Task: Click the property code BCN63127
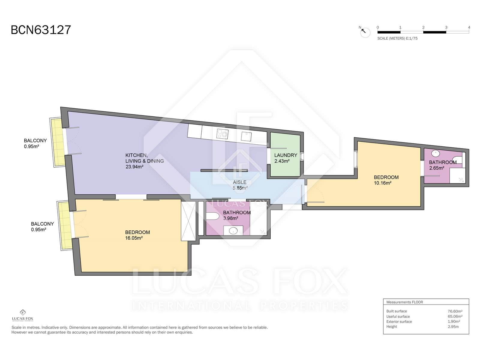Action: coord(41,30)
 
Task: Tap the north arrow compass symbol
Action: coord(365,32)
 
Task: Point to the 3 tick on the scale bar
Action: coord(446,28)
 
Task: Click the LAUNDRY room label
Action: coord(286,155)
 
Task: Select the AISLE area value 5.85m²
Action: coord(240,188)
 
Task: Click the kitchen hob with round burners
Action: coord(222,134)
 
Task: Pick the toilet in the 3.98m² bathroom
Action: coord(213,216)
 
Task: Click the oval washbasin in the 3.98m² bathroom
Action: coord(233,231)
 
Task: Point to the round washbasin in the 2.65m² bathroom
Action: coord(436,153)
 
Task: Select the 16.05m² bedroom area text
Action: coord(134,238)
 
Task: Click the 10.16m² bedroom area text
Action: coord(382,183)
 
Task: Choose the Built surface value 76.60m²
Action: coord(455,311)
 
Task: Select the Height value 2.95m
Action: coord(453,327)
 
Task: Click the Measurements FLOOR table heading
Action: coord(405,302)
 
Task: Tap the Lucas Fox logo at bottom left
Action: coord(22,315)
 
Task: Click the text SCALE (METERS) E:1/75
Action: coord(397,38)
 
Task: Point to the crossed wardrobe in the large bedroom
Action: coord(188,221)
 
